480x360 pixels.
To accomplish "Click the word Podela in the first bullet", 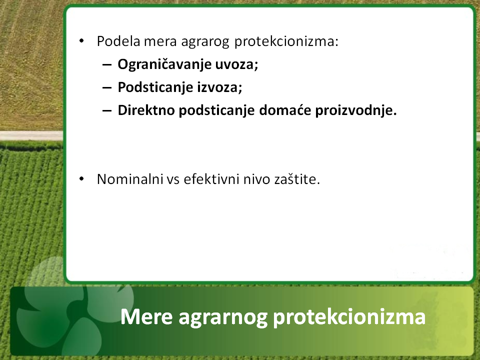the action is click(x=118, y=41).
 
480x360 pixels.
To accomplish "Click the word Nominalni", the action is click(x=130, y=179).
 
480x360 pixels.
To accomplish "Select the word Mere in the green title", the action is click(x=146, y=316).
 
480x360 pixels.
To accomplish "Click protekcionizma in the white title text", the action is click(x=349, y=317).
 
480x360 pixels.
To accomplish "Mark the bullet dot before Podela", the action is click(x=81, y=40).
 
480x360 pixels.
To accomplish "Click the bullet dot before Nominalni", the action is click(x=81, y=179).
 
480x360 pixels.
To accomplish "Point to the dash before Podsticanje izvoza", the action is click(x=107, y=88).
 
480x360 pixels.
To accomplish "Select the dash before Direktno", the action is click(x=107, y=111).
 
